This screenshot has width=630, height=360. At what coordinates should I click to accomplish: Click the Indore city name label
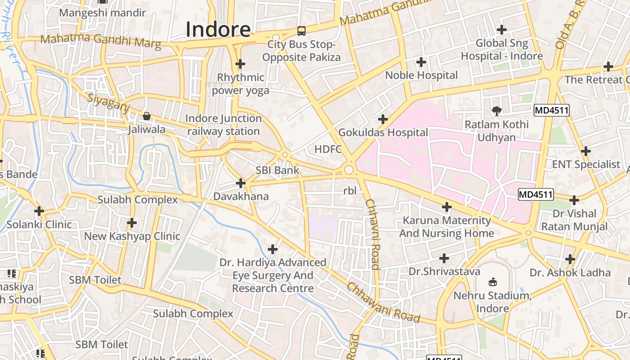(x=218, y=30)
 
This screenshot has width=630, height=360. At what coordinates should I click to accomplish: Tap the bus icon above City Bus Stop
(x=301, y=31)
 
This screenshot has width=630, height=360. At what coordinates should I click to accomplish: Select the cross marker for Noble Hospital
(x=421, y=62)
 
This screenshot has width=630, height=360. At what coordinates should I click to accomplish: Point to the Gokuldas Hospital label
(x=383, y=133)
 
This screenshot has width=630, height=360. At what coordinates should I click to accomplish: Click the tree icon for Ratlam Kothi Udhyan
(x=496, y=111)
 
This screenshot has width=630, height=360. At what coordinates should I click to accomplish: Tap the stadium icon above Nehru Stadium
(x=493, y=282)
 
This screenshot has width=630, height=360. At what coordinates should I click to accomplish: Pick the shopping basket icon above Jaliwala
(x=146, y=116)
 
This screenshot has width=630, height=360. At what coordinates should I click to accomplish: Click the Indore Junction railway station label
(x=224, y=125)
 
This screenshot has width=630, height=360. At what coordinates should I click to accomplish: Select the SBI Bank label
(x=277, y=171)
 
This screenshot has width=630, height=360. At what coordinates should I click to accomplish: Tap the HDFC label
(x=328, y=149)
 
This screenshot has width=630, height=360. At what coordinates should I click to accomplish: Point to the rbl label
(x=350, y=191)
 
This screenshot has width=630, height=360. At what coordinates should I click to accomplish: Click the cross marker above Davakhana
(x=241, y=183)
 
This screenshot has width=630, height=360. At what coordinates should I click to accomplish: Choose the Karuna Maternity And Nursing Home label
(x=446, y=227)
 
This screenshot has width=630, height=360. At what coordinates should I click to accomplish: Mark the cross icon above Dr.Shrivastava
(x=444, y=258)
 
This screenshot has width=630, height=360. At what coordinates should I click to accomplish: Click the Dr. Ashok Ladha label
(x=570, y=273)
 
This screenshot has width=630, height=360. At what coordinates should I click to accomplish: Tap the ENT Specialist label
(x=586, y=165)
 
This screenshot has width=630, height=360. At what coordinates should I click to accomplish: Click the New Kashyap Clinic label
(x=132, y=236)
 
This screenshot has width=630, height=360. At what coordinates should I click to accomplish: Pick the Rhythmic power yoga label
(x=241, y=84)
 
